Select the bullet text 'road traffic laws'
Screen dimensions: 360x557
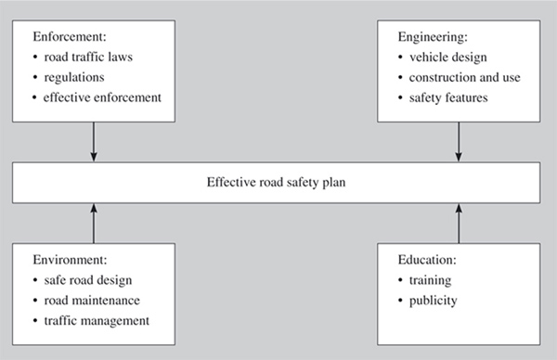pyautogui.click(x=88, y=58)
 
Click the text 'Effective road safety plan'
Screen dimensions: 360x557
pyautogui.click(x=278, y=183)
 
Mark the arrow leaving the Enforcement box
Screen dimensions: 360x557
pyautogui.click(x=93, y=142)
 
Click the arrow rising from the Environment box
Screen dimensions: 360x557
pyautogui.click(x=93, y=223)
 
